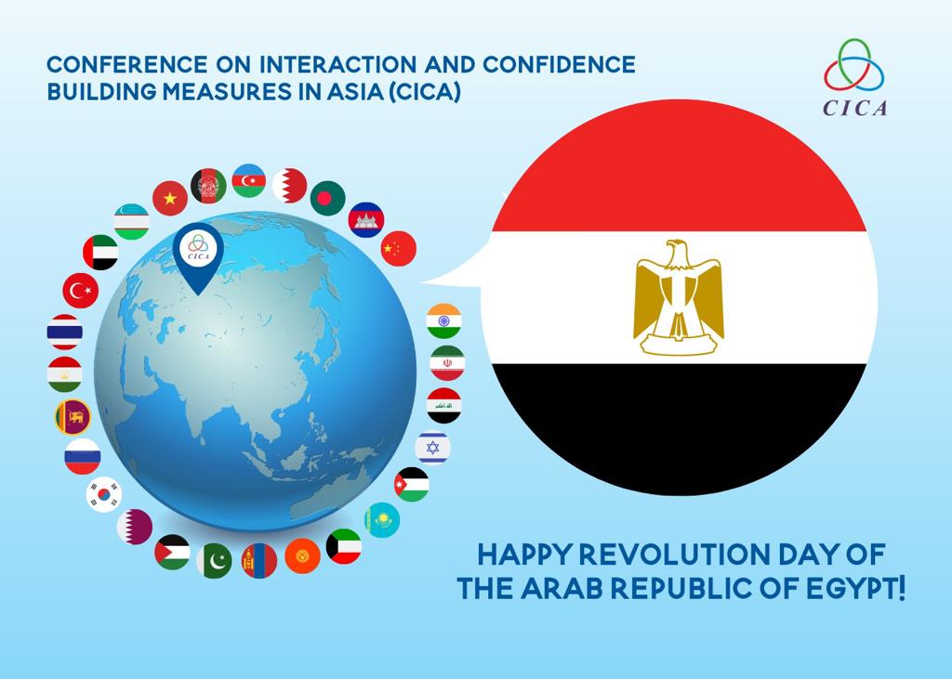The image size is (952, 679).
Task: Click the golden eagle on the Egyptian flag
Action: [678, 297]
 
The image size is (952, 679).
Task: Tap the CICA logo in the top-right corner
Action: [855, 78]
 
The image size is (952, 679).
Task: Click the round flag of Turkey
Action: [81, 291]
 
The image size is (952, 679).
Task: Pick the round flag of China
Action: [399, 248]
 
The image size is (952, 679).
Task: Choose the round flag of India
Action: [443, 321]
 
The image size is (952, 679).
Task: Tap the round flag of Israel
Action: [433, 448]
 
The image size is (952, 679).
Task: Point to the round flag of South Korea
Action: [104, 494]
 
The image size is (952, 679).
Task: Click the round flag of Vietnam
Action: [170, 199]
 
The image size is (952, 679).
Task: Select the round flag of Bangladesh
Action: [328, 199]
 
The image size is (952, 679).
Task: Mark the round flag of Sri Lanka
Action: [73, 417]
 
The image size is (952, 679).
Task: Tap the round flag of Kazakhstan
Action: [382, 520]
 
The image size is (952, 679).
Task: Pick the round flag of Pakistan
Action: [215, 561]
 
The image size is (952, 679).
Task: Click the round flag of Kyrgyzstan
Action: [302, 555]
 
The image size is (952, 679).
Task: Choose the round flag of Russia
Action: [83, 456]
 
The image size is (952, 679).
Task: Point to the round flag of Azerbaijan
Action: [249, 181]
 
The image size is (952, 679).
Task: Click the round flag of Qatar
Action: [135, 527]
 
